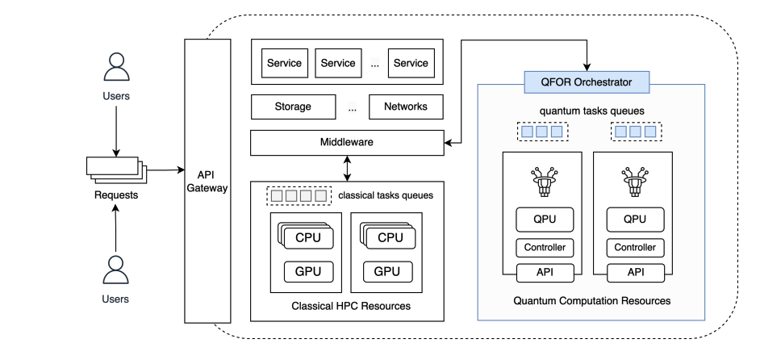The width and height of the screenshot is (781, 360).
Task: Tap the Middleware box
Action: tap(347, 142)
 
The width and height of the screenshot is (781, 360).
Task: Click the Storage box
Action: tap(292, 107)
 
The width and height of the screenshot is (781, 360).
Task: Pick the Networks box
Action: tap(405, 107)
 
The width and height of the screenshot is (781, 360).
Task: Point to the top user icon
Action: tap(116, 67)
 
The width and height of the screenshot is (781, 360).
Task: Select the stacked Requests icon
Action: tap(115, 170)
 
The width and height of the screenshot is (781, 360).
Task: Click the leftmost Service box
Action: tap(284, 63)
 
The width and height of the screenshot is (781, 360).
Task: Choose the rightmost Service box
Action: tap(410, 63)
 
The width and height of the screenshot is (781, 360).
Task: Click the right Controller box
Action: tap(635, 248)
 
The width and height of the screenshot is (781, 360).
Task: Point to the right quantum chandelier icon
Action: tap(635, 182)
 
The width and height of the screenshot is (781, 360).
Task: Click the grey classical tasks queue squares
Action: tap(299, 195)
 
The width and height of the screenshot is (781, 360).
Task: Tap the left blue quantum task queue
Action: tap(541, 131)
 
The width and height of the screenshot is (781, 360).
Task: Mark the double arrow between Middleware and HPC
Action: tap(347, 168)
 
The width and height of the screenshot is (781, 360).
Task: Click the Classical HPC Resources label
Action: tap(350, 307)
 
